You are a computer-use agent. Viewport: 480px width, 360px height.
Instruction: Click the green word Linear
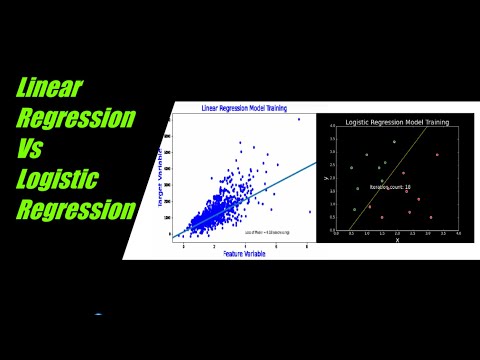50,87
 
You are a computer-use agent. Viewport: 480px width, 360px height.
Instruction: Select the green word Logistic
57,180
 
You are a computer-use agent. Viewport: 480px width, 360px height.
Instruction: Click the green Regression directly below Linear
76,118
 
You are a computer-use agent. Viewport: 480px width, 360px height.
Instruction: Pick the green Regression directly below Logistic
76,211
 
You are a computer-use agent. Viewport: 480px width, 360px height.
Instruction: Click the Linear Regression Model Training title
245,108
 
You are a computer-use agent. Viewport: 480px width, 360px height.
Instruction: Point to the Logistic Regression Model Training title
397,122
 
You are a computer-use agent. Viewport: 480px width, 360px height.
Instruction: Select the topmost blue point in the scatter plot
298,119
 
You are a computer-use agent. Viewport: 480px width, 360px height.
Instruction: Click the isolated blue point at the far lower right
309,212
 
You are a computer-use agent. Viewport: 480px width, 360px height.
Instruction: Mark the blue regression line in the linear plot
290,175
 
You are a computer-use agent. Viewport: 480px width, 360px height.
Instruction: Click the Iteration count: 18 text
390,186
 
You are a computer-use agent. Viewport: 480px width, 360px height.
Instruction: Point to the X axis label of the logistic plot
397,240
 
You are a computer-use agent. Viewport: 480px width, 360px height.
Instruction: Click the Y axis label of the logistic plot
327,178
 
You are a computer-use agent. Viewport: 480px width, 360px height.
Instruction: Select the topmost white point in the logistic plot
394,142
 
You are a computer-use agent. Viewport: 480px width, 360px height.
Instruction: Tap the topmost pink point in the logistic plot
436,154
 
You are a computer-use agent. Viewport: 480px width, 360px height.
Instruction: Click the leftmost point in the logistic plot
351,168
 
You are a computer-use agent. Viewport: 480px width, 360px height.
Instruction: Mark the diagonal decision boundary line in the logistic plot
390,180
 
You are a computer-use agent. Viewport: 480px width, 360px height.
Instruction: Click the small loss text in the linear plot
268,232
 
